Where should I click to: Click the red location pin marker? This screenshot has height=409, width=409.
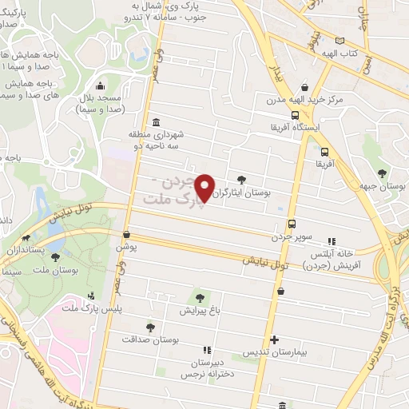click(x=205, y=188)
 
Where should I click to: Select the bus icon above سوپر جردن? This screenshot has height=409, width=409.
click(x=291, y=224)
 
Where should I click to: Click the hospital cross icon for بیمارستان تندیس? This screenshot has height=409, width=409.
click(x=274, y=339)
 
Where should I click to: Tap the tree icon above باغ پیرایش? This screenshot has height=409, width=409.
click(x=199, y=297)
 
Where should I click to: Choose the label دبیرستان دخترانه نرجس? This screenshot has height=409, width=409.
click(x=206, y=367)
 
